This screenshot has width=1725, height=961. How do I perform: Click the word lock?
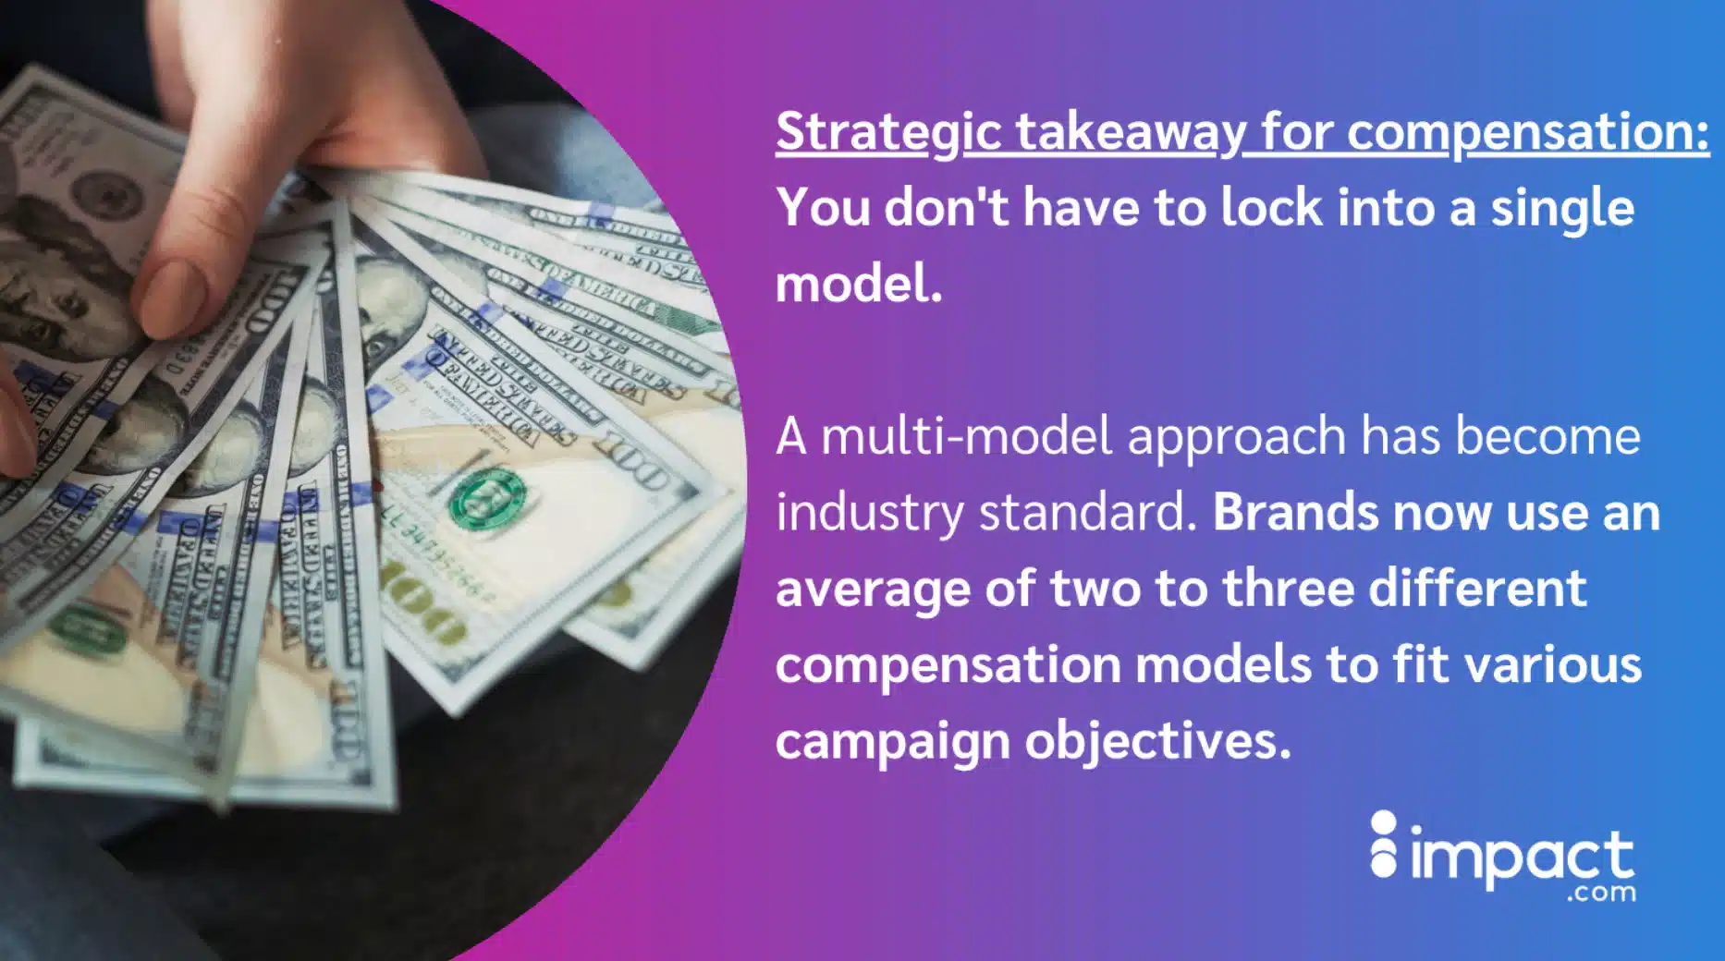[x=1271, y=207]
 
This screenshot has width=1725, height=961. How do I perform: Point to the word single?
[x=1561, y=209]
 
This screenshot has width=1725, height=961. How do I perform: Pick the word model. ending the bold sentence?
[x=859, y=283]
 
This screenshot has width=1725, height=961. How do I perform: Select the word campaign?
[x=892, y=742]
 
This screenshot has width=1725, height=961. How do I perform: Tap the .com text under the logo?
[x=1601, y=894]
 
